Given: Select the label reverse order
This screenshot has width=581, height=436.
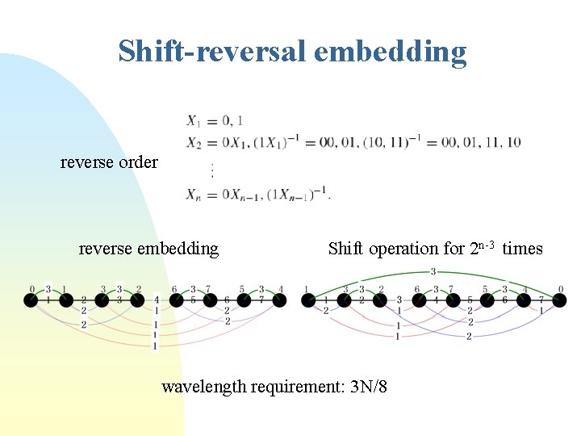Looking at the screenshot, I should tap(109, 161).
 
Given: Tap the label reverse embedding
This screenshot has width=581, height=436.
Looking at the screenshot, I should tap(148, 248).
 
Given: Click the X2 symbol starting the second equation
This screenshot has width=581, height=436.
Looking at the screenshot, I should tap(194, 142).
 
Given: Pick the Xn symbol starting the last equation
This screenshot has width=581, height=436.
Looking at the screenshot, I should tap(194, 195).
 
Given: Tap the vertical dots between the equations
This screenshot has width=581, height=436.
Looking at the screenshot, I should tap(212, 170).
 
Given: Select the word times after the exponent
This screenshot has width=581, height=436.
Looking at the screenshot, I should tap(522, 248).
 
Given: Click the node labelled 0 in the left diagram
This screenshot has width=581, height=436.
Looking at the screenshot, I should tap(31, 301).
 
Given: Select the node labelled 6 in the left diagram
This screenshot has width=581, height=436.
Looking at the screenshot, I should tap(173, 301).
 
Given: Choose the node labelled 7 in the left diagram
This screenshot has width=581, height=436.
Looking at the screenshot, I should tap(209, 301).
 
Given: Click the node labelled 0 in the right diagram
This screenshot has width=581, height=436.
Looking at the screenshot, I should tap(559, 300).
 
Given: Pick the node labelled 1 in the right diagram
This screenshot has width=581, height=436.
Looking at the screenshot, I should tap(307, 300).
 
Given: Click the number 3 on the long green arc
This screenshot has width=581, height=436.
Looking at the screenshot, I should tap(434, 271).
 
